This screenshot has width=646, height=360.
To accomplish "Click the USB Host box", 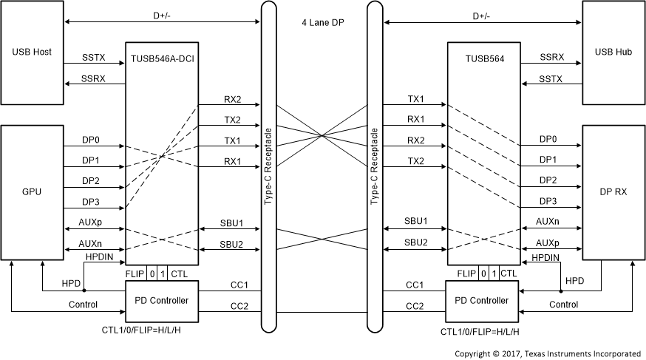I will (32, 53).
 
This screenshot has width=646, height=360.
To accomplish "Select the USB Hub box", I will (613, 53).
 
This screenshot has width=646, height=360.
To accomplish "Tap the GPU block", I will (32, 191).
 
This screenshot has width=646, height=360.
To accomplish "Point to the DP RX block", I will (613, 191).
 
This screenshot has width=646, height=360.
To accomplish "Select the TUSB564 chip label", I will (484, 58).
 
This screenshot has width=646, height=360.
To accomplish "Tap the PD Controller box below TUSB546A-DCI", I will (161, 301).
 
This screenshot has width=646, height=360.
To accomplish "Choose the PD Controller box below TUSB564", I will (484, 301).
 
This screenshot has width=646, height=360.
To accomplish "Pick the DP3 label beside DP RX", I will (548, 201).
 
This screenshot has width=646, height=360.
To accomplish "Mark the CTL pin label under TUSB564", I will (509, 274).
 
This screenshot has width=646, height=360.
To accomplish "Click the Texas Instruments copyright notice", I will (549, 353).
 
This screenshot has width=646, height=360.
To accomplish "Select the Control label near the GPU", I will (83, 304).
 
